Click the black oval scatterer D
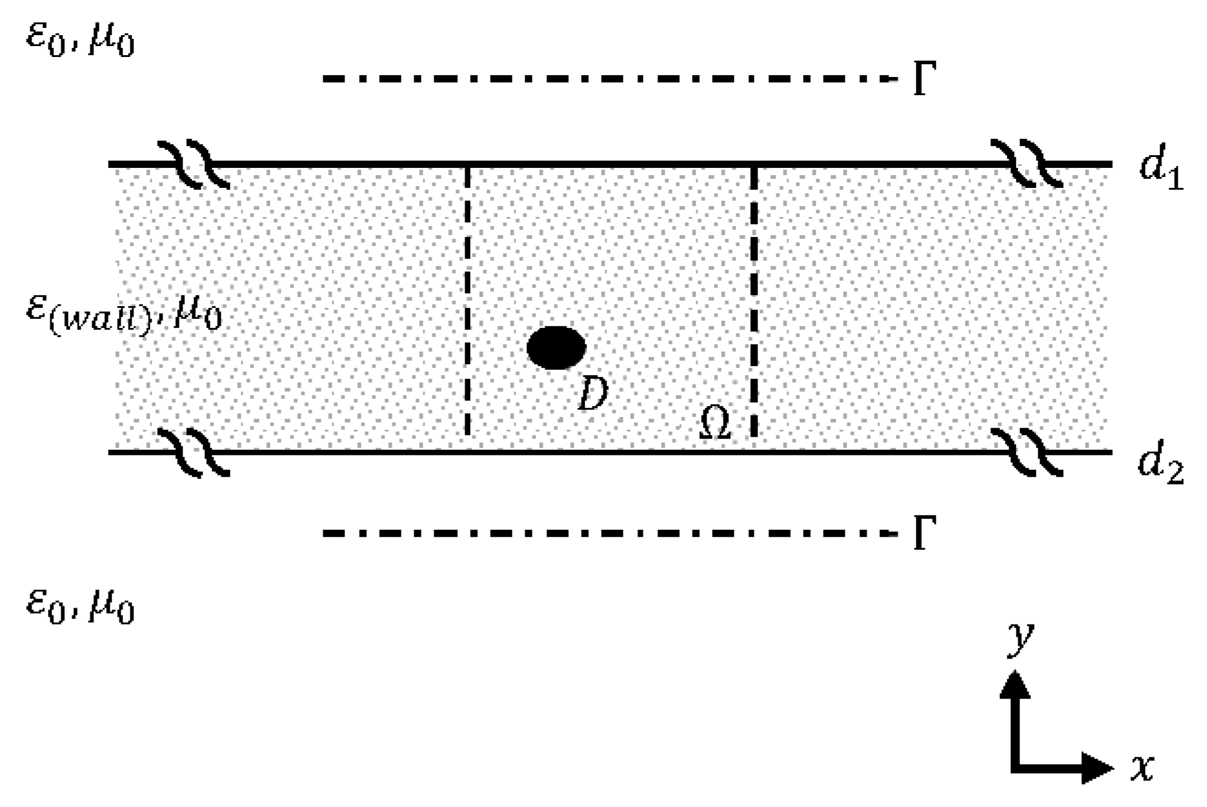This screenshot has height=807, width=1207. click(556, 347)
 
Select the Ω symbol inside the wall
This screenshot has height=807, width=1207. click(714, 423)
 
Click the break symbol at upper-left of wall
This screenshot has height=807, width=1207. click(193, 164)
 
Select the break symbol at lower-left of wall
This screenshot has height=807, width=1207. click(193, 452)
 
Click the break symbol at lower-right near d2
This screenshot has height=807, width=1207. click(1026, 452)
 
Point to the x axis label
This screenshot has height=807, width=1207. click(1141, 768)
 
